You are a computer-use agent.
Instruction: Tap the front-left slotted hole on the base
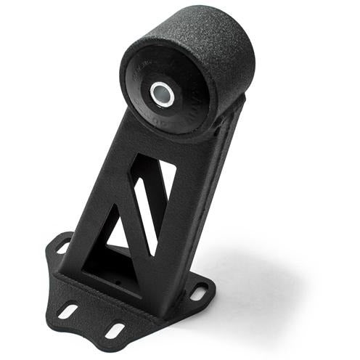tap(68, 311)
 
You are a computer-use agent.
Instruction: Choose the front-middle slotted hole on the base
tap(115, 330)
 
